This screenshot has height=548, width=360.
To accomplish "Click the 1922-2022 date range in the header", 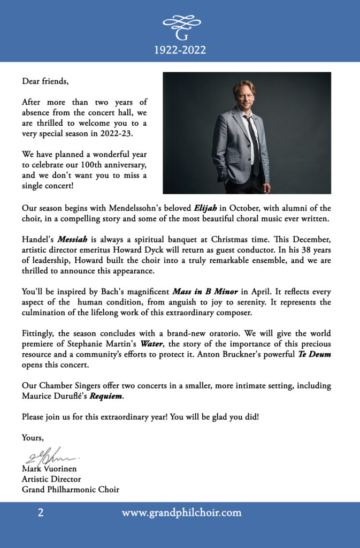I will pos(180,51).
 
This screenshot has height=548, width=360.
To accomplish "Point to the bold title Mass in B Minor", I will pos(206,292).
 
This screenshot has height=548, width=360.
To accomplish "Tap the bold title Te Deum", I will pos(315,354).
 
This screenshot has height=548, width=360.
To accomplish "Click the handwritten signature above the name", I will pos(51,456).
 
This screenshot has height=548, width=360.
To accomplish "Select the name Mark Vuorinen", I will pos(49,470).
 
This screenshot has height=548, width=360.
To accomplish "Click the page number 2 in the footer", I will pos(41,513).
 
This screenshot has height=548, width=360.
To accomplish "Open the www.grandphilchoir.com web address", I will pos(181,513).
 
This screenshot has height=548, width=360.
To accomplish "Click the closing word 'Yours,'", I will pos(33,438).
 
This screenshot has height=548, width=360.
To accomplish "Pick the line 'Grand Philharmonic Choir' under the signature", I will pos(70,490).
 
